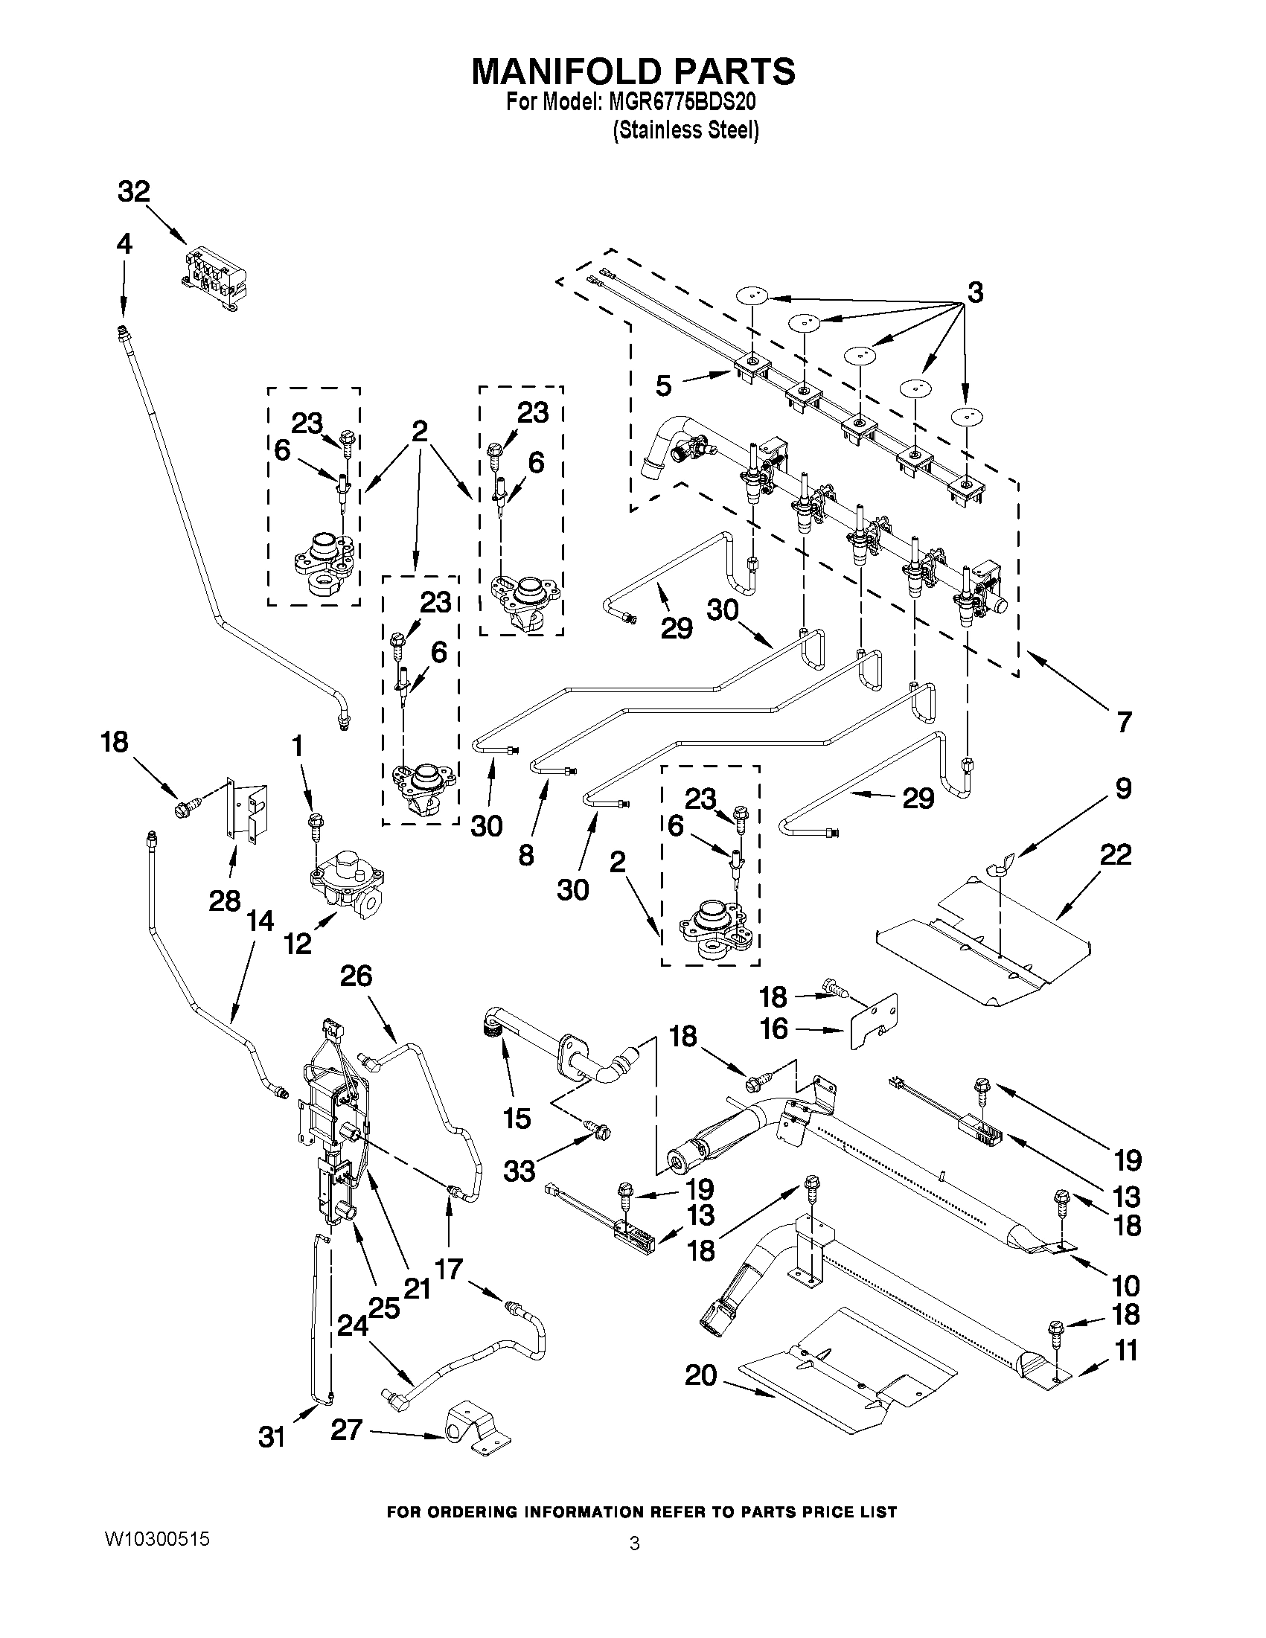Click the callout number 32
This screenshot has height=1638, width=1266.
[x=133, y=191]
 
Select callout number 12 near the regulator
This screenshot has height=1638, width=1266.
[x=298, y=943]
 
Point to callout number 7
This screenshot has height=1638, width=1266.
[x=1123, y=721]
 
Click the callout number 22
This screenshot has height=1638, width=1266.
[x=1115, y=854]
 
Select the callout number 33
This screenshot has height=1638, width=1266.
[x=519, y=1170]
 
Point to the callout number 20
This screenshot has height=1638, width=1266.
[x=700, y=1375]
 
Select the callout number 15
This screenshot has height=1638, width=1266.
[x=517, y=1119]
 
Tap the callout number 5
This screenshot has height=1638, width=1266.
[x=663, y=385]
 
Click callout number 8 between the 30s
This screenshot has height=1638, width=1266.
[x=526, y=854]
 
